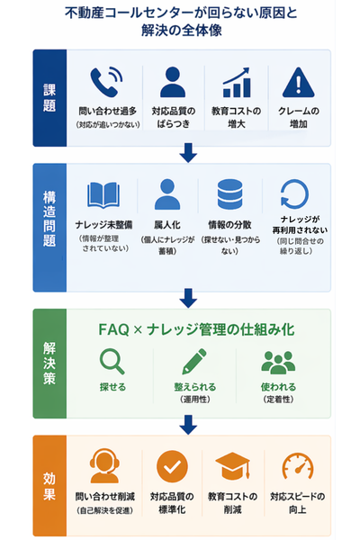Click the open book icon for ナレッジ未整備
[x=103, y=194]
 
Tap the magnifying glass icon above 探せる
[x=112, y=362]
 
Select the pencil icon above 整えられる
[x=193, y=362]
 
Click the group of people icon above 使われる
[x=277, y=362]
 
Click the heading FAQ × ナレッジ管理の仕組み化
[x=193, y=329]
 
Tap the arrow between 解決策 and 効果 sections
[x=187, y=423]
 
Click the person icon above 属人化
[x=167, y=194]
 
